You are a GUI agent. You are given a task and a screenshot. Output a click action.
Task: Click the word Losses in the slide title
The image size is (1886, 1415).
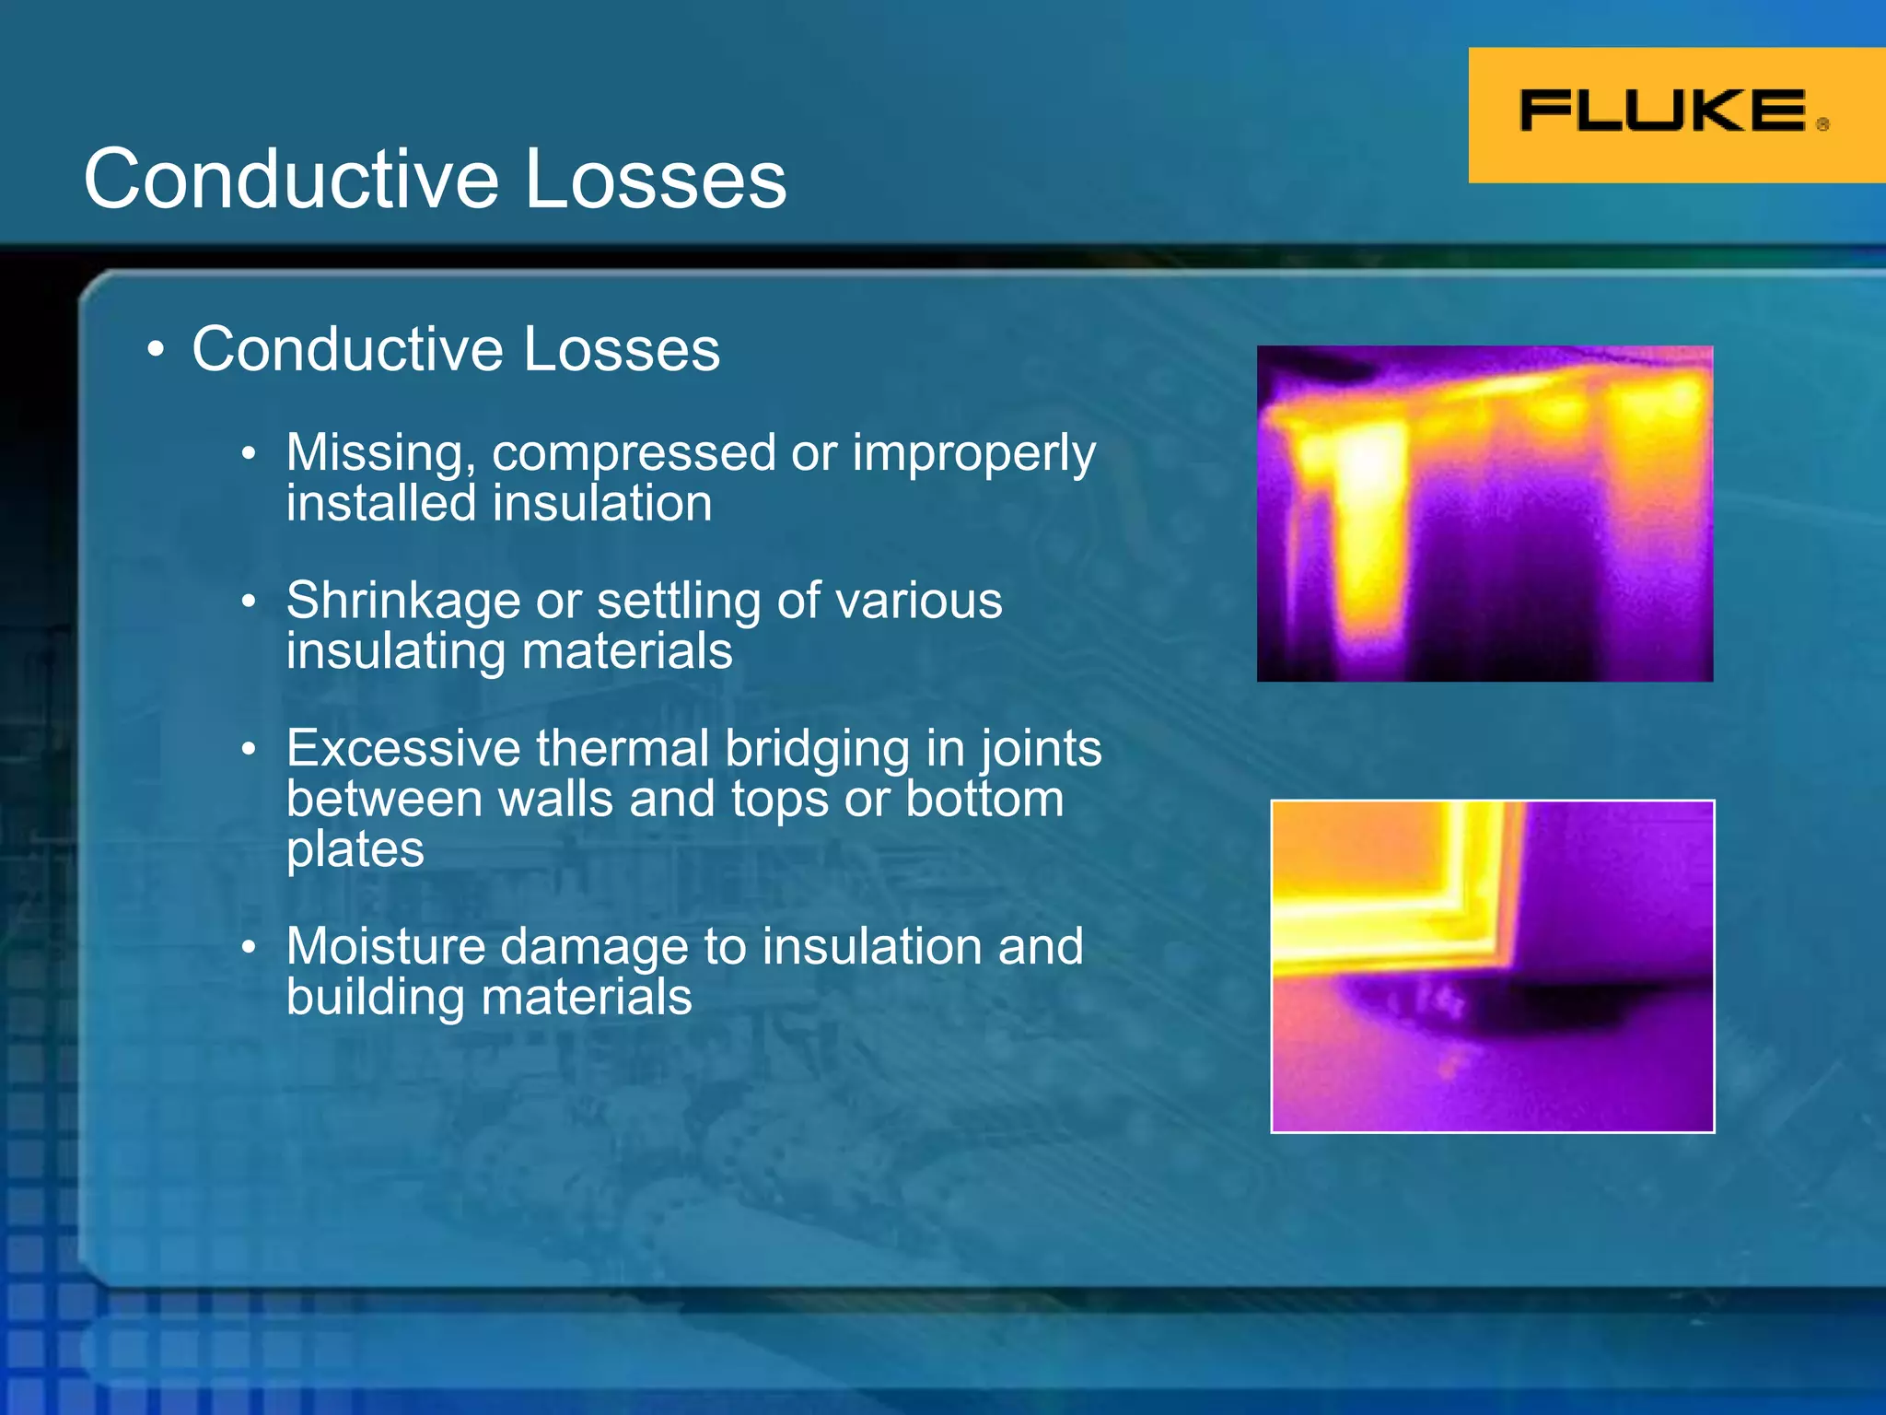tap(656, 179)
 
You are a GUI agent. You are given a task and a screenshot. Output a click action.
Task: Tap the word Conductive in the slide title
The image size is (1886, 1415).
tap(291, 179)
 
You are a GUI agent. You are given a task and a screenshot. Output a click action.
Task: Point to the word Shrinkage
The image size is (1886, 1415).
tap(403, 601)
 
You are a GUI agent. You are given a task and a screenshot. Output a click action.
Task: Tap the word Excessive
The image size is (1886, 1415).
tap(403, 748)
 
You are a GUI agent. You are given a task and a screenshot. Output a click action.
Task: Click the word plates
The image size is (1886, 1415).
tap(355, 849)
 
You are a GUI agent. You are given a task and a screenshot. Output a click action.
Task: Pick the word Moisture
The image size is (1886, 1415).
tap(385, 946)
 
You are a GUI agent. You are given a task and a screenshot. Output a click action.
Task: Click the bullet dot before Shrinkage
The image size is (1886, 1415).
tap(249, 602)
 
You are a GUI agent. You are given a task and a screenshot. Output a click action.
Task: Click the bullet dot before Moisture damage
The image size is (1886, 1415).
tap(249, 948)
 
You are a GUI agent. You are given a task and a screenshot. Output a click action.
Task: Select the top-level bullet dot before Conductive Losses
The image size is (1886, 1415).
tap(157, 351)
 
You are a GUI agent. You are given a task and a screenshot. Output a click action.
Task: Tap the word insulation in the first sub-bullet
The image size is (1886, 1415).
tap(602, 504)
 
